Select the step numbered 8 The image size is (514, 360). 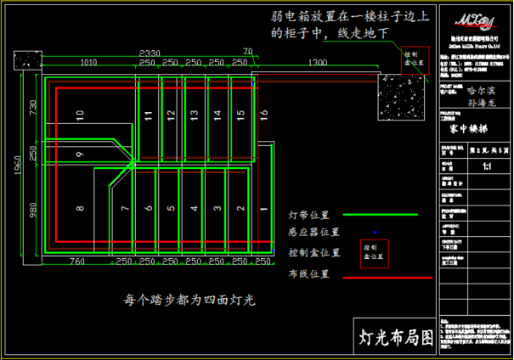(80, 208)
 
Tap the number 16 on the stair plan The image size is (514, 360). (264, 114)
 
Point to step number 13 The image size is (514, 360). (195, 114)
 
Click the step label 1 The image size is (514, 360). (241, 208)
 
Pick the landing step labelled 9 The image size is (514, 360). (79, 154)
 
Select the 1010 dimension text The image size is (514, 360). (88, 64)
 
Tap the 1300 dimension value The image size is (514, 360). (317, 64)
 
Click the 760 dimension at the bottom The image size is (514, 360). (76, 261)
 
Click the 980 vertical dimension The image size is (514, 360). (34, 209)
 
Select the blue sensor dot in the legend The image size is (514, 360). (374, 232)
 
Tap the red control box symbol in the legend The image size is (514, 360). (374, 252)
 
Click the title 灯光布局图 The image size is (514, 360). (393, 336)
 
